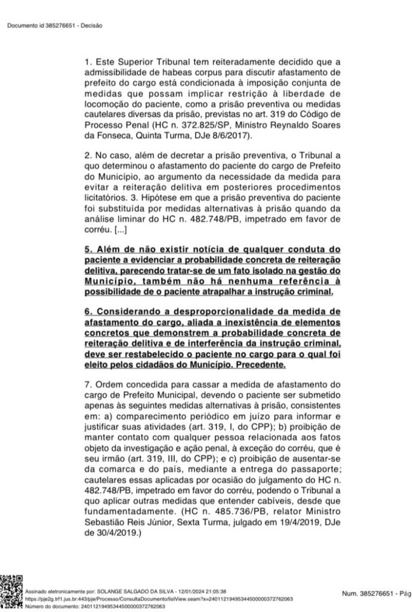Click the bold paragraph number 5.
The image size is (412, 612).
[87, 249]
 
